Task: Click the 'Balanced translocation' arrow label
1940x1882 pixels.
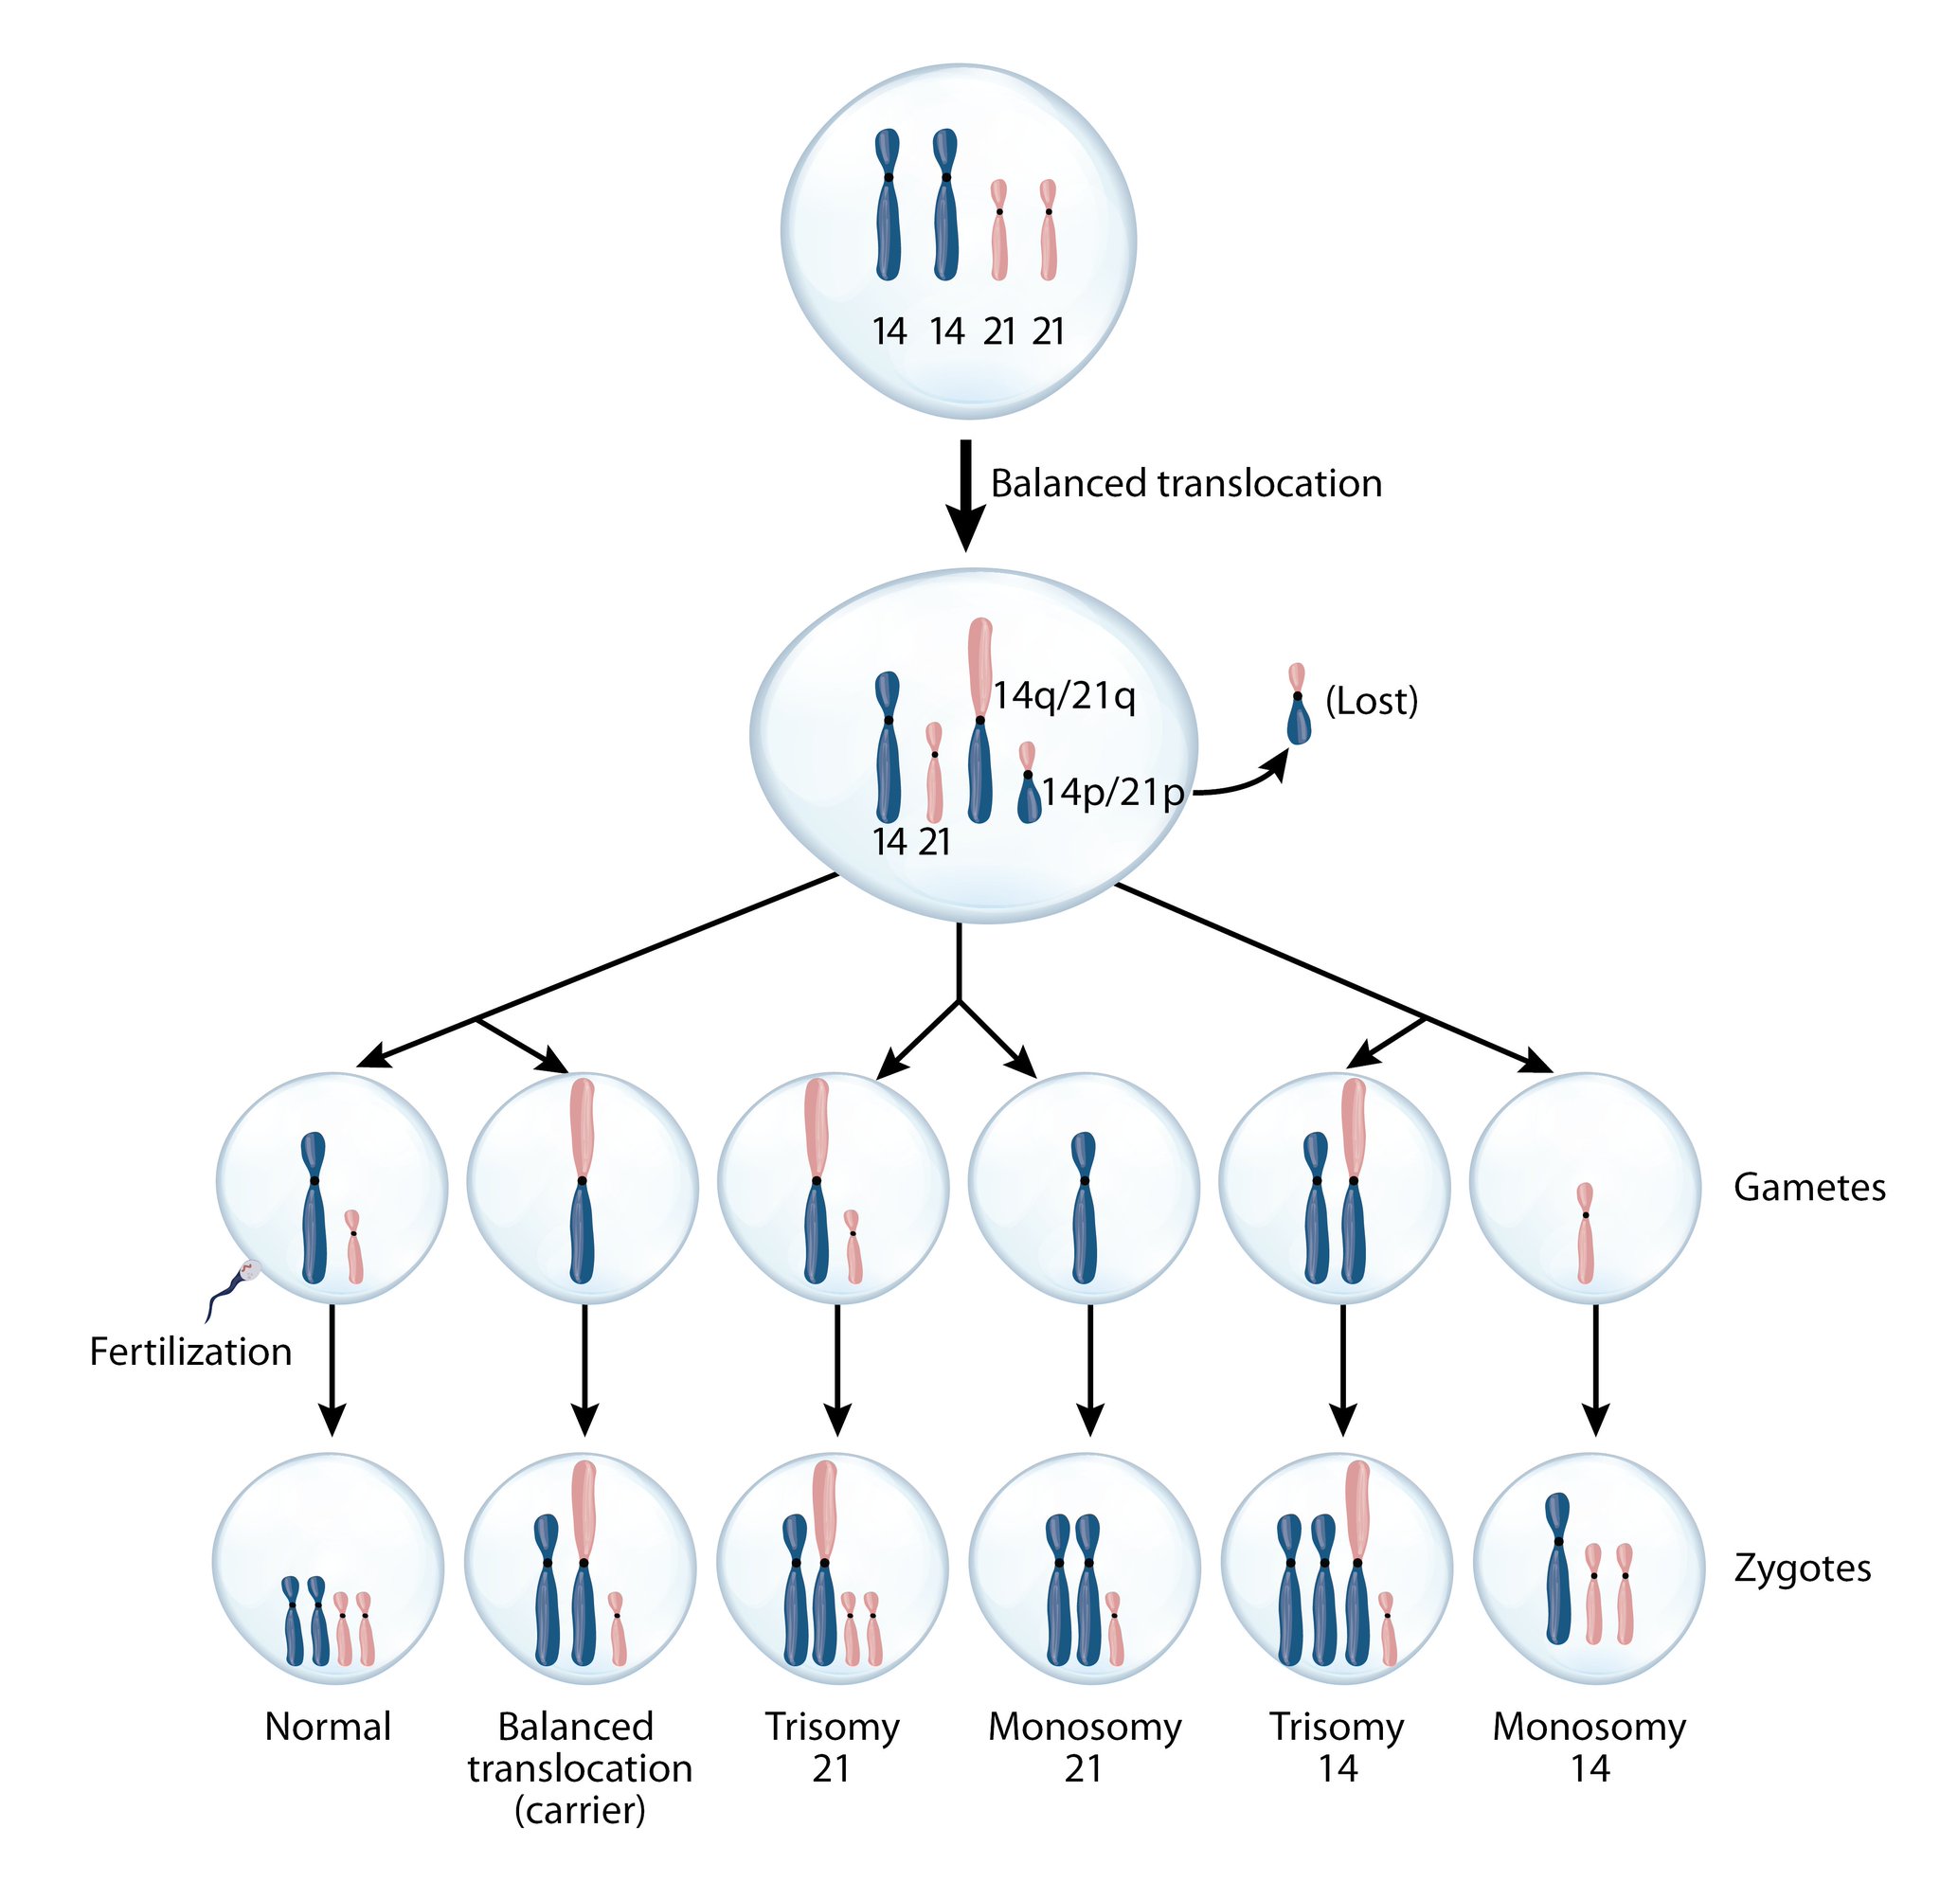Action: (x=1185, y=484)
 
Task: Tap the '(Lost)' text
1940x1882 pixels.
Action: (x=1371, y=701)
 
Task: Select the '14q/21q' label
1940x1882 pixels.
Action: (x=1064, y=696)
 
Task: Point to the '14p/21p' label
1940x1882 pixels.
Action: (x=1111, y=793)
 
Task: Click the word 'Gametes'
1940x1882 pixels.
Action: (x=1808, y=1188)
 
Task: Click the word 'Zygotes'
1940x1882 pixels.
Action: (x=1802, y=1568)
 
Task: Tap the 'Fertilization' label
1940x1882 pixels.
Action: (x=190, y=1352)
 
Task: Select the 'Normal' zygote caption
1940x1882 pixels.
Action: (x=328, y=1727)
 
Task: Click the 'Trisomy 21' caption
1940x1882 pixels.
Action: (x=832, y=1747)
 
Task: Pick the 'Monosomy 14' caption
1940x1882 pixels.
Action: (x=1589, y=1747)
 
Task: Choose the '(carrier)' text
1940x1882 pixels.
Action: (x=579, y=1810)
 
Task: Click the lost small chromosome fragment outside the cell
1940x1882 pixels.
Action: (x=1298, y=705)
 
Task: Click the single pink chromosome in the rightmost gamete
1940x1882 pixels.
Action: (x=1585, y=1233)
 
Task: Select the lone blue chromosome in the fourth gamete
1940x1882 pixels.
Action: (x=1084, y=1209)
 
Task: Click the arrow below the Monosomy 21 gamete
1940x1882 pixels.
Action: (x=1089, y=1370)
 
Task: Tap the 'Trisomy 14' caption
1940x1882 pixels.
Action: (x=1337, y=1747)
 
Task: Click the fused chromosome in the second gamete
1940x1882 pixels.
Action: (x=582, y=1181)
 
